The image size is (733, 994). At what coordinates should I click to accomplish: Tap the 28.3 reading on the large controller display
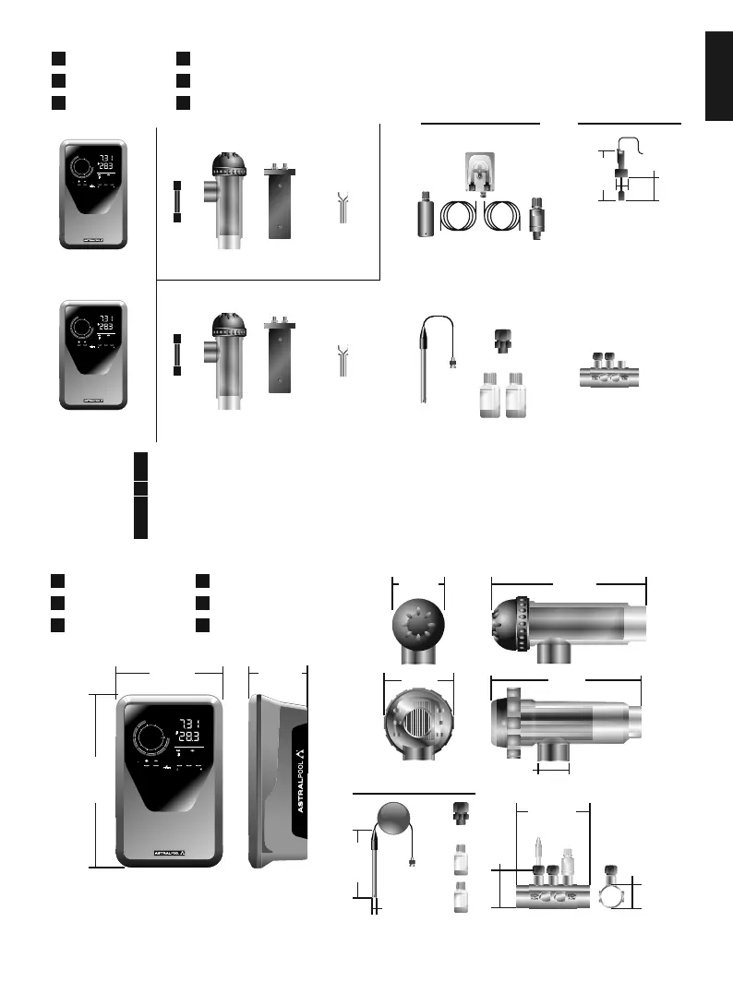tap(188, 737)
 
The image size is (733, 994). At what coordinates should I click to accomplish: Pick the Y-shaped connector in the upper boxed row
tap(343, 210)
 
